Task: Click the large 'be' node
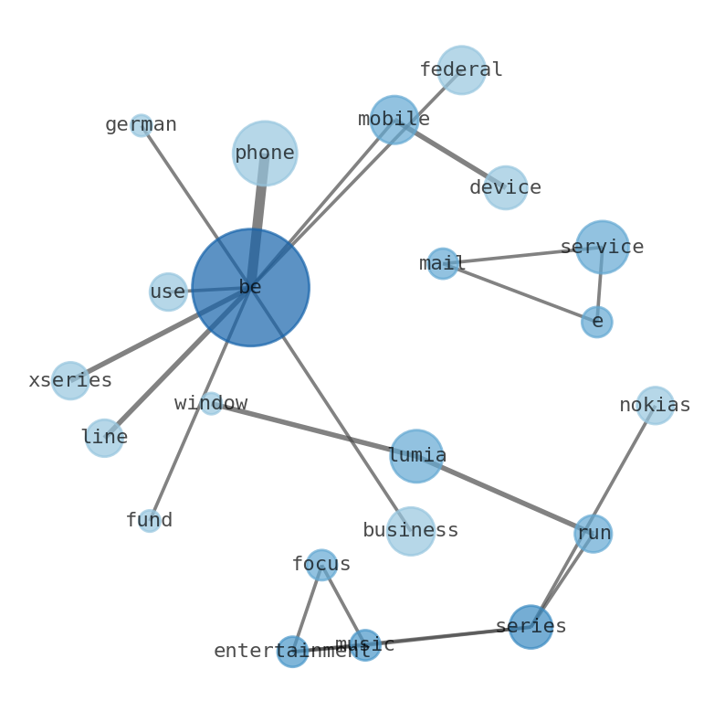click(x=250, y=287)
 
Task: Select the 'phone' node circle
click(x=265, y=154)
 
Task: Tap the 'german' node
click(x=141, y=125)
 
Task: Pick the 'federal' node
click(x=461, y=69)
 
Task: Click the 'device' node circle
click(x=505, y=187)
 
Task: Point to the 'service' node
click(x=602, y=247)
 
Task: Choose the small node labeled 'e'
click(x=597, y=322)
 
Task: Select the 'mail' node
click(x=443, y=263)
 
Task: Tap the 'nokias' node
click(x=655, y=405)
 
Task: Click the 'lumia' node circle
click(x=416, y=456)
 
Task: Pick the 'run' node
click(x=594, y=533)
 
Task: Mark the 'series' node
click(x=531, y=627)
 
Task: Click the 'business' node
click(x=411, y=531)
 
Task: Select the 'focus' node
click(x=321, y=565)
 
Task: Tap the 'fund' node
click(x=150, y=521)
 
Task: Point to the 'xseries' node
click(x=70, y=380)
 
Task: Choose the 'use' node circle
click(x=168, y=292)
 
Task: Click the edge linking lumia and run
click(x=505, y=494)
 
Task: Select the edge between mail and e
click(x=520, y=292)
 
